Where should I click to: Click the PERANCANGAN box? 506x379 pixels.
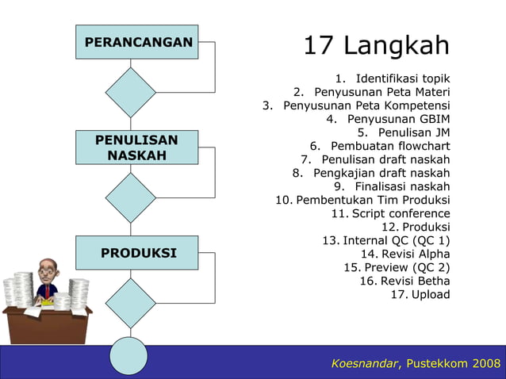[137, 41]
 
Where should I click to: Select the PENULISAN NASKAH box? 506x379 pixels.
[137, 148]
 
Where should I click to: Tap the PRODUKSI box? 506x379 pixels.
[137, 253]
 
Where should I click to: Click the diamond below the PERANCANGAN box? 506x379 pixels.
[131, 92]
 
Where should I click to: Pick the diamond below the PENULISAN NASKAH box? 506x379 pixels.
[131, 197]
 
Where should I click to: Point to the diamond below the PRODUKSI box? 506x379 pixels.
[131, 302]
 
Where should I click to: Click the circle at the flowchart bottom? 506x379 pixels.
[128, 356]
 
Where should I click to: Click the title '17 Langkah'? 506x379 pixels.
[376, 45]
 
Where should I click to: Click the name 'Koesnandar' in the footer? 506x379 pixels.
[365, 363]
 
